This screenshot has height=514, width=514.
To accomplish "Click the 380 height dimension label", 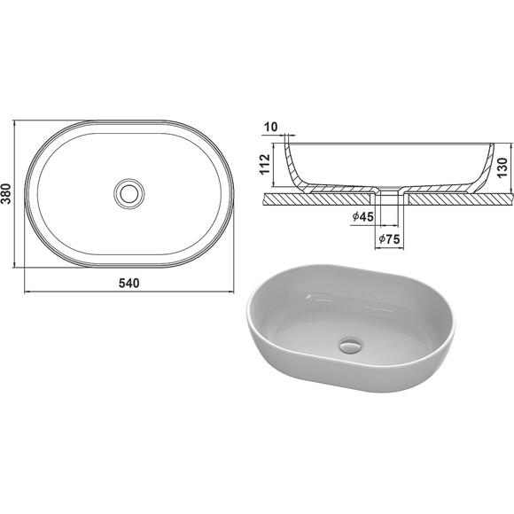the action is pyautogui.click(x=6, y=194).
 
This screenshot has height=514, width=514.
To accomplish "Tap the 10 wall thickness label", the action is pyautogui.click(x=271, y=127).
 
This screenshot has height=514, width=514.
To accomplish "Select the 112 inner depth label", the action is pyautogui.click(x=265, y=164).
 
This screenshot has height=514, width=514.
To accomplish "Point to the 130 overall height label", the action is pyautogui.click(x=502, y=167).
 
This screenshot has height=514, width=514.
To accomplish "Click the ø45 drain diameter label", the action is pyautogui.click(x=362, y=217).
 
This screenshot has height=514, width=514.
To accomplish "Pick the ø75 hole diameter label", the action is pyautogui.click(x=389, y=239).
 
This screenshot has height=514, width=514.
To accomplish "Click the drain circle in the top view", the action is pyautogui.click(x=129, y=194).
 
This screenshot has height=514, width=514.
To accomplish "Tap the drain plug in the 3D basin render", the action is pyautogui.click(x=351, y=347).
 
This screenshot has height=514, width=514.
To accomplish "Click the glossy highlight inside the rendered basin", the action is pyautogui.click(x=309, y=297).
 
